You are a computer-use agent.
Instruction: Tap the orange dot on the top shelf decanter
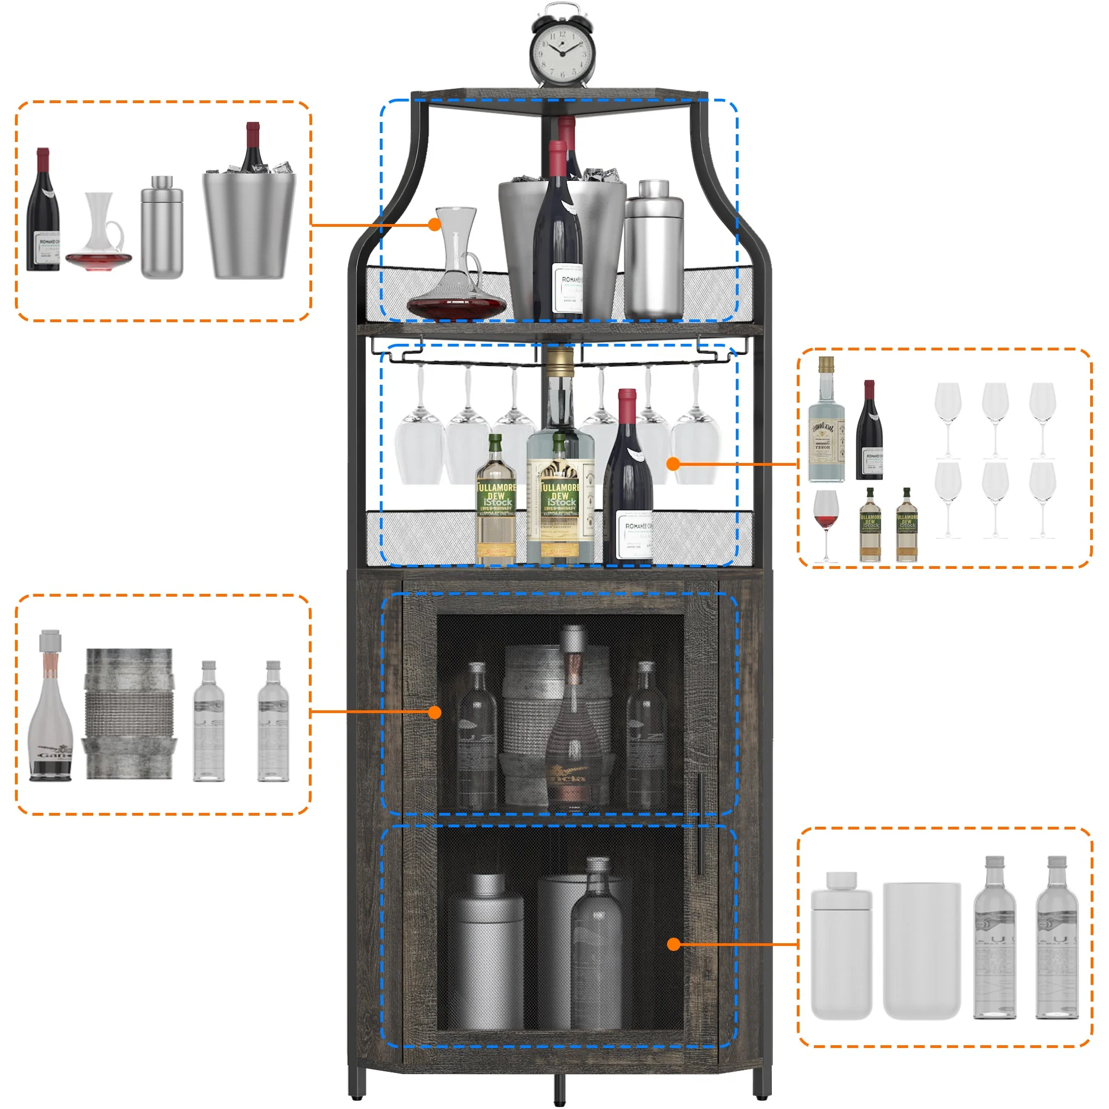435,225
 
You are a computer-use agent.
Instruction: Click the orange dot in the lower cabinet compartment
674,944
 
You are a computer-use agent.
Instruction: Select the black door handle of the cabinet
700,824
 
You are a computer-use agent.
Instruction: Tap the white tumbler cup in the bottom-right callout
920,950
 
